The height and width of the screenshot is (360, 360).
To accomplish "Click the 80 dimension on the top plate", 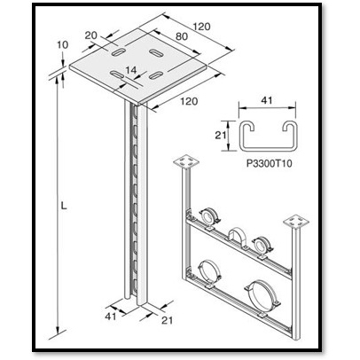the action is click(x=182, y=36).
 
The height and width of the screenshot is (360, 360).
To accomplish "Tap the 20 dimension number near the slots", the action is click(x=90, y=35).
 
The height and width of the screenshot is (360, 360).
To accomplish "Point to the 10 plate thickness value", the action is click(x=62, y=44).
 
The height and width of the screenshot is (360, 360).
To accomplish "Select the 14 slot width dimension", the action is click(x=131, y=70).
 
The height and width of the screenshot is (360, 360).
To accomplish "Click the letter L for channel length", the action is click(x=64, y=206).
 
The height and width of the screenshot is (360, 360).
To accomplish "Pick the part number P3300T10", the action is click(x=269, y=163).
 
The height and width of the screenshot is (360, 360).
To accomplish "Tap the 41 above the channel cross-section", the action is click(x=266, y=100).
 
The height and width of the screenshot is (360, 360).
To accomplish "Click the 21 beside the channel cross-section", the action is click(x=221, y=136).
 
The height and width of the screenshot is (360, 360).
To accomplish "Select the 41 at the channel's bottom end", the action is click(x=111, y=317).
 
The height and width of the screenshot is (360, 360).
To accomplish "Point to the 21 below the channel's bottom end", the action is click(x=167, y=320).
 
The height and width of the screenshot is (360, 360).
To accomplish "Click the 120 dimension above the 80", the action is click(x=201, y=27).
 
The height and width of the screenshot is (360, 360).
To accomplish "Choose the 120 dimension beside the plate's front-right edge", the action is click(x=189, y=101).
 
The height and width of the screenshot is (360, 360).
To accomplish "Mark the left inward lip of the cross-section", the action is click(x=247, y=128).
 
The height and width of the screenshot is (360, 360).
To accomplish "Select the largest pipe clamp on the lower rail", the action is click(x=262, y=295).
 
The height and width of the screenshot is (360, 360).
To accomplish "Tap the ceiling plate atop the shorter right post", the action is click(x=296, y=222).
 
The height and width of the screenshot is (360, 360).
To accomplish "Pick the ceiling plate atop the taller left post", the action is click(x=186, y=161).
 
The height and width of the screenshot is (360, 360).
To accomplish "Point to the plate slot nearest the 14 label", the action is click(x=117, y=74).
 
